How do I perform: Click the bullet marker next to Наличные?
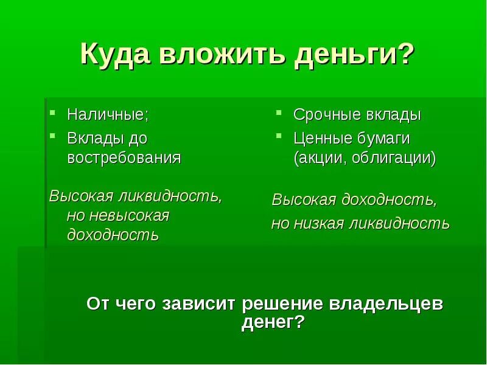coord(53,113)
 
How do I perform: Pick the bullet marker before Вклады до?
coord(53,136)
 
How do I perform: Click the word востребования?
coord(124,158)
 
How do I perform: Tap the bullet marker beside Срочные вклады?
coord(278,113)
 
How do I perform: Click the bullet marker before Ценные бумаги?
coord(278,136)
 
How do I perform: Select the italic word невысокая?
coord(129,216)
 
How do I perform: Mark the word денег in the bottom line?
coord(268,323)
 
